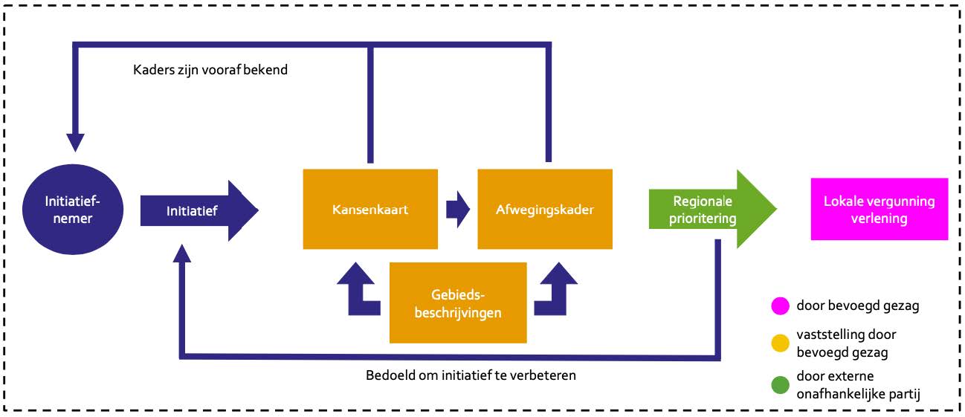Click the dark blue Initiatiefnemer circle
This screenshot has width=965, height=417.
tap(72, 210)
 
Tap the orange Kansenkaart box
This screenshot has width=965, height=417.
tap(369, 210)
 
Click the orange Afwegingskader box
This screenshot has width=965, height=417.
tap(544, 210)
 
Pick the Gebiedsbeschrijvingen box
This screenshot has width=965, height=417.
tap(457, 303)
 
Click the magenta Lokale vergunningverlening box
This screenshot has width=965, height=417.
tap(879, 210)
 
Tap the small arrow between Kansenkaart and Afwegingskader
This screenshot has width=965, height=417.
tap(457, 210)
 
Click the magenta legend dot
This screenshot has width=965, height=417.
tap(779, 306)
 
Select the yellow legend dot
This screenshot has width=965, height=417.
tap(779, 343)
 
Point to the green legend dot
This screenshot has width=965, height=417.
tap(779, 385)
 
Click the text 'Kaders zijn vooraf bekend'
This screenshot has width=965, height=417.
tap(210, 71)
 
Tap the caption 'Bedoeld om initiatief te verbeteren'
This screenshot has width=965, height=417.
tap(471, 375)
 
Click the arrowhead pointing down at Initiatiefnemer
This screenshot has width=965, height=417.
tap(75, 141)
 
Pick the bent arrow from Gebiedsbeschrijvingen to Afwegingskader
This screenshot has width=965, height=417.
tap(556, 290)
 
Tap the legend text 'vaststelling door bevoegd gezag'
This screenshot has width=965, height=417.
tap(842, 343)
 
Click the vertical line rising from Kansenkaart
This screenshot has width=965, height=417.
tap(369, 104)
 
